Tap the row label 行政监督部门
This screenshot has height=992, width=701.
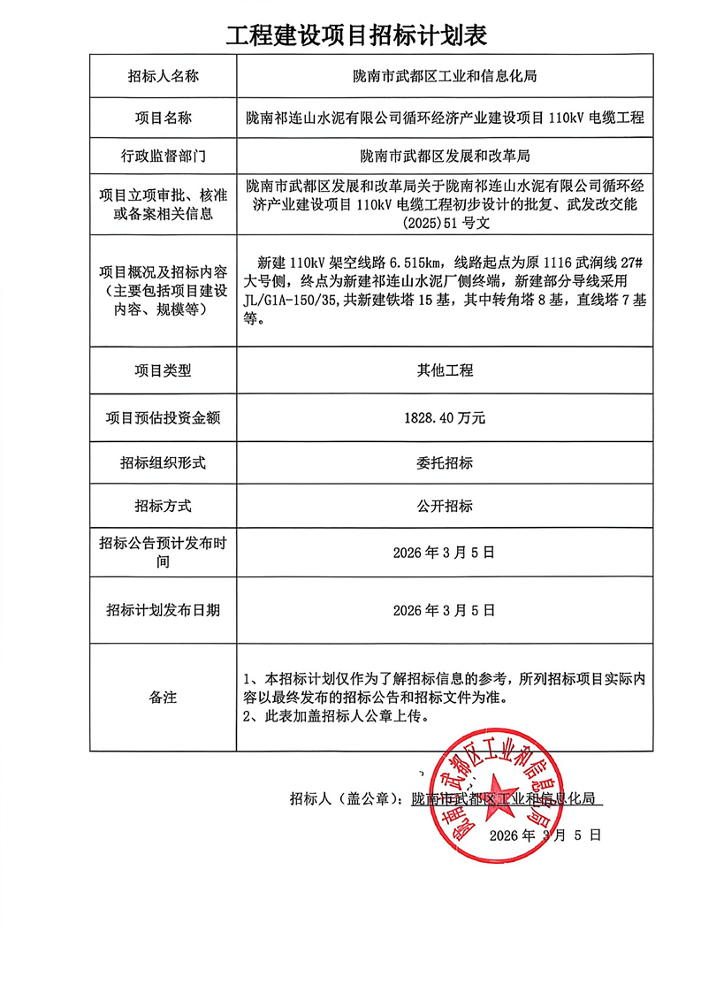pos(163,157)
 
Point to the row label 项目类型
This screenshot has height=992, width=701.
pos(163,370)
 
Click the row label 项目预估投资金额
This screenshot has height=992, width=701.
pos(163,416)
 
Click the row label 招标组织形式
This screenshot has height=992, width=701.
pos(163,462)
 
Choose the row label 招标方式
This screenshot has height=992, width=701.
pos(163,507)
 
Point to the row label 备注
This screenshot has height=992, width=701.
pos(163,698)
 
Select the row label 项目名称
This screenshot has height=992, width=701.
pos(163,118)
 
